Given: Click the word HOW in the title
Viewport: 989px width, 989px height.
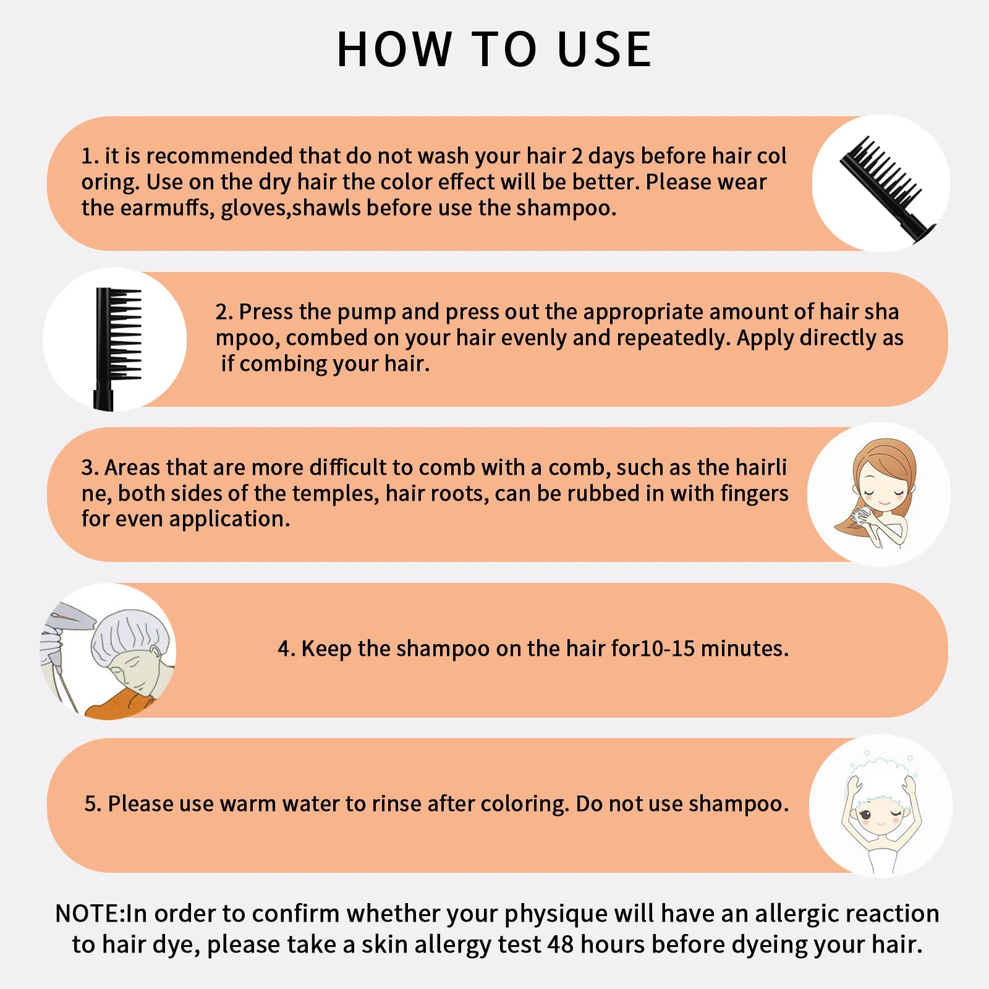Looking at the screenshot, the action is point(394,49).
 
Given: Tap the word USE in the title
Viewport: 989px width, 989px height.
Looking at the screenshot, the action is point(604,49).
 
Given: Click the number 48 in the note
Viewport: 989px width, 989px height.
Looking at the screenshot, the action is point(561,944).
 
